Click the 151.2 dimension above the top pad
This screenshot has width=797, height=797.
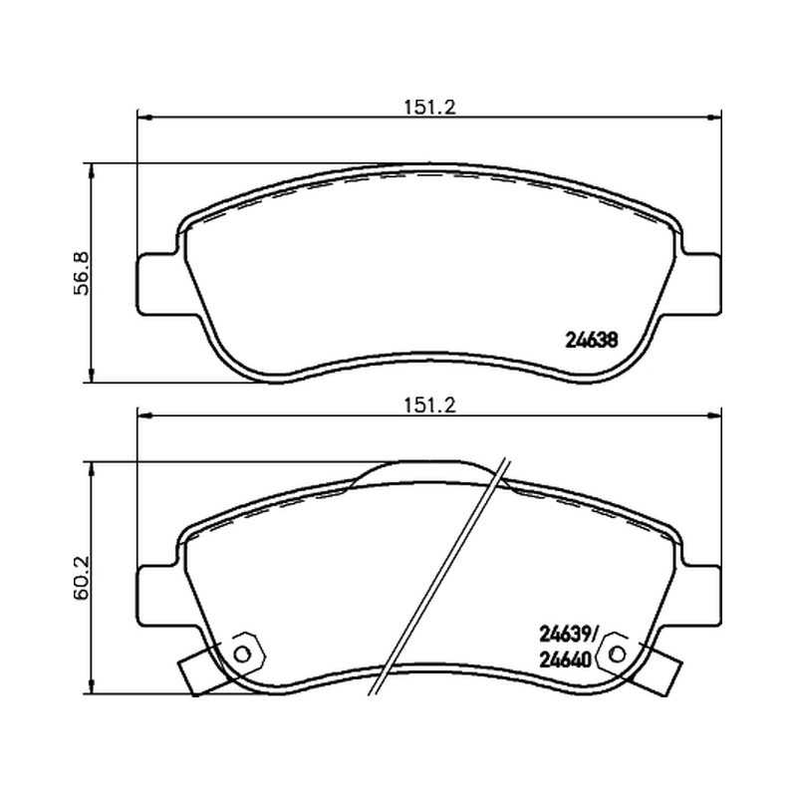(430, 108)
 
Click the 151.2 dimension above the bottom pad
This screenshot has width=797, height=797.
(430, 405)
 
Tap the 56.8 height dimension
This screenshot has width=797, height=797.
(82, 273)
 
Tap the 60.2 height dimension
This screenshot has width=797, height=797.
(82, 578)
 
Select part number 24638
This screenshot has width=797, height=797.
(591, 340)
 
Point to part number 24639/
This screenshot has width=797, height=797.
(568, 635)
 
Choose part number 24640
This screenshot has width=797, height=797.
(565, 661)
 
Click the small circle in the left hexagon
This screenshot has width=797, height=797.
(242, 655)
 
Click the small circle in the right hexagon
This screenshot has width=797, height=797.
(618, 655)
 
